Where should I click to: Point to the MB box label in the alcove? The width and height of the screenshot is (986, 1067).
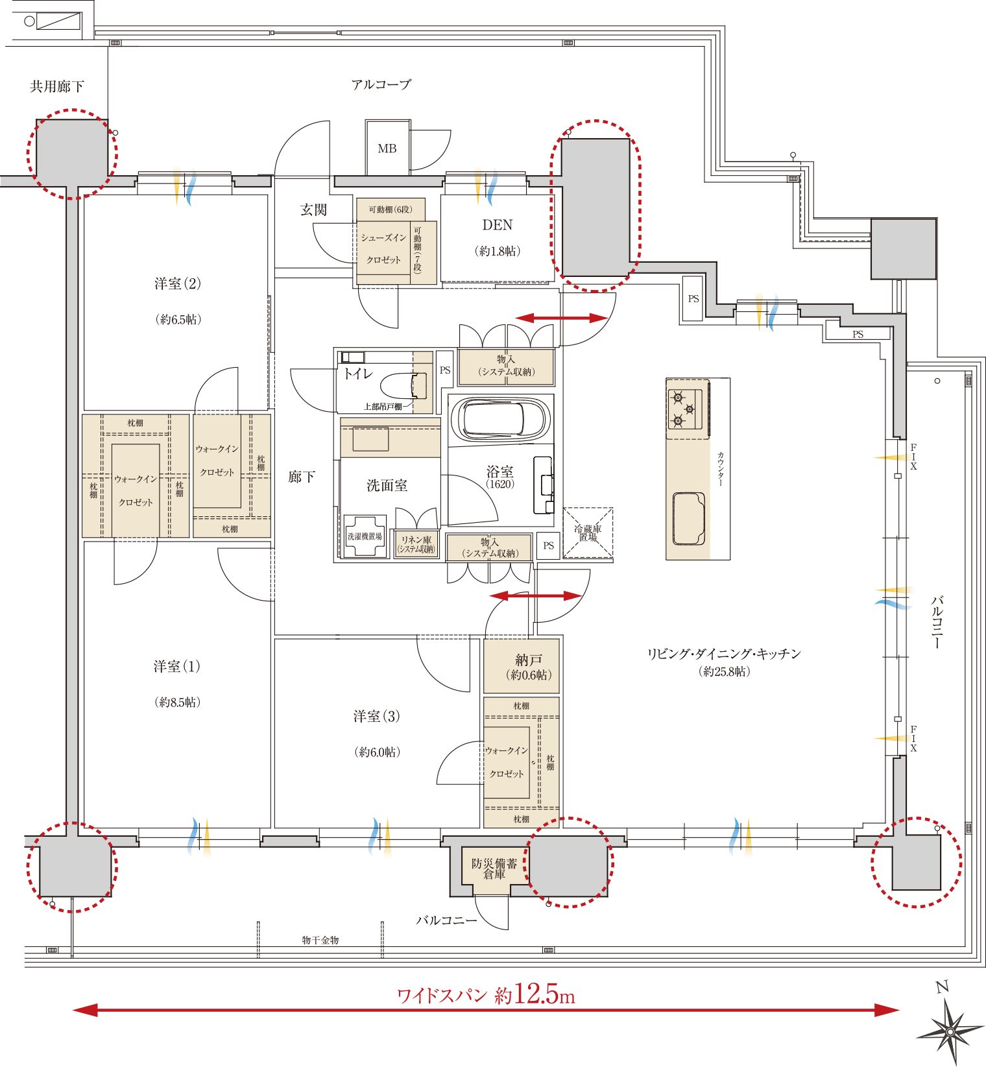point(387,149)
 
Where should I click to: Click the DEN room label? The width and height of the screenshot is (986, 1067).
point(498,225)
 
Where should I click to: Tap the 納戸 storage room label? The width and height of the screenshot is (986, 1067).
point(528,660)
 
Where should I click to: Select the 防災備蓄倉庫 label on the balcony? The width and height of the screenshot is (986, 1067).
point(494,869)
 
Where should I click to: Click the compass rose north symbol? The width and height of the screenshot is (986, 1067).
point(950,1029)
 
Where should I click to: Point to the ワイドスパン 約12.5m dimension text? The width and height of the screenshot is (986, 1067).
point(486,995)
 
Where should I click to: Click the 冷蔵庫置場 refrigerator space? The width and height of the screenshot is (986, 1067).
point(588,533)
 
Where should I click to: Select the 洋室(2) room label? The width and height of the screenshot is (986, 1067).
point(177,283)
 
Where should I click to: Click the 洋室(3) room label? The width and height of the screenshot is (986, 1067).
point(376,716)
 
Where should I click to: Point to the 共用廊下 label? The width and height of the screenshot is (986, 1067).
point(56,86)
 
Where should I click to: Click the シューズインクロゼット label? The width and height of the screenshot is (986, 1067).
point(383,248)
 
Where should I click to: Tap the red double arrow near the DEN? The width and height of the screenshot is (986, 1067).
point(562,318)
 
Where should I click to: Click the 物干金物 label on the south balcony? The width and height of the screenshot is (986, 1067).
point(320,940)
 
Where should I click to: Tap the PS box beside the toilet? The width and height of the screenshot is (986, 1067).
point(444,370)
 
